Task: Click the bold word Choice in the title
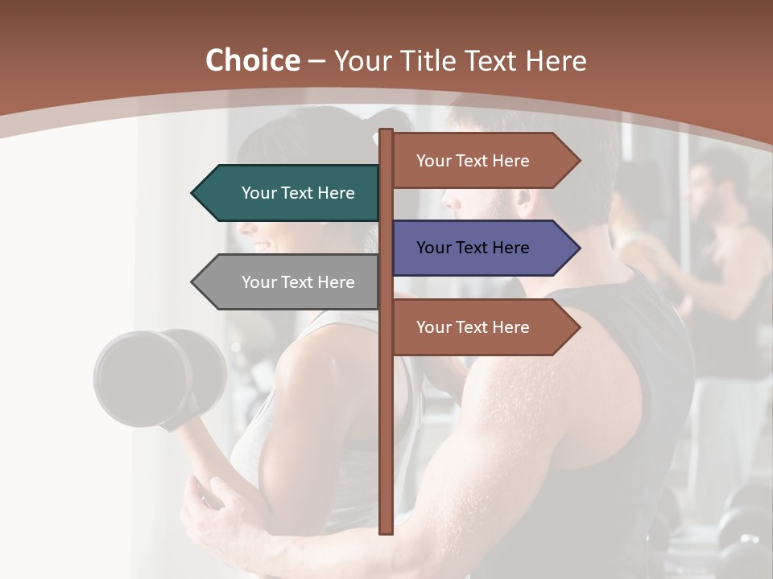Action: (252, 60)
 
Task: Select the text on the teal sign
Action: (298, 193)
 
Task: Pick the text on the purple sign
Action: (473, 248)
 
